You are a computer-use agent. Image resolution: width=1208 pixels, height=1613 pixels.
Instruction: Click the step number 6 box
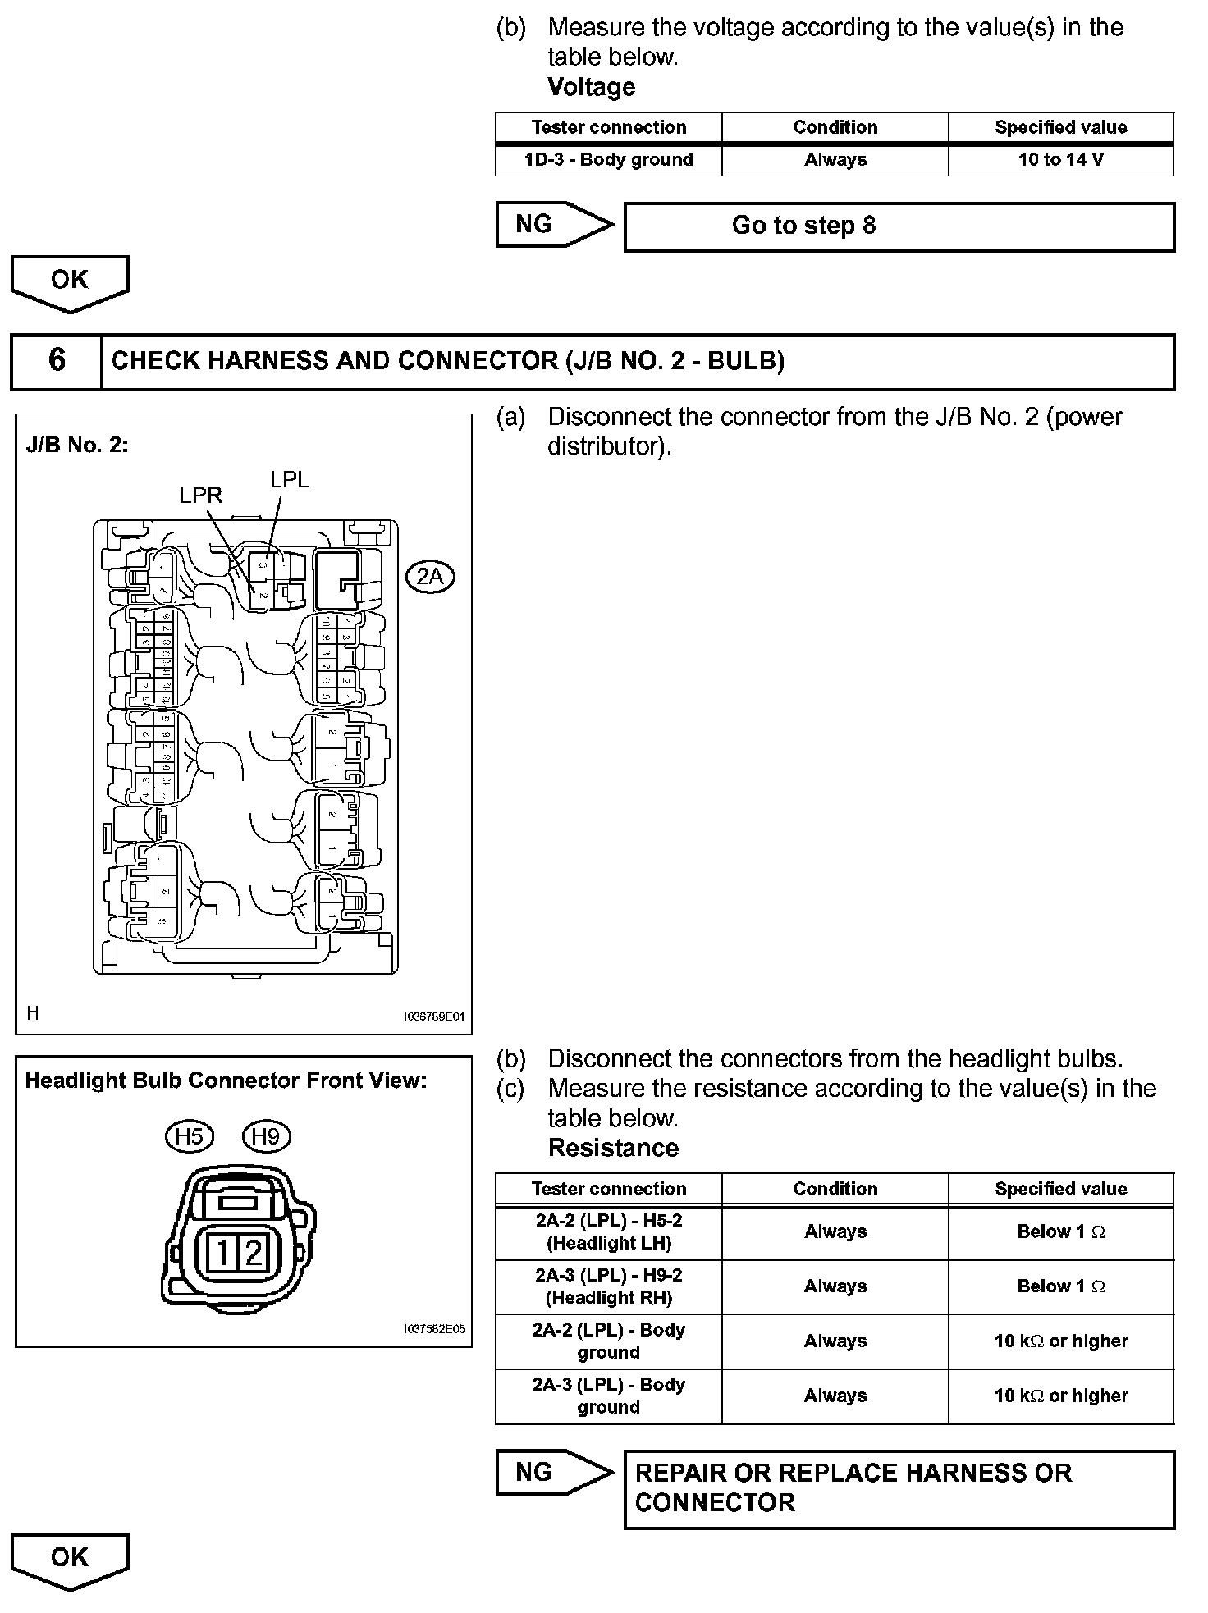57,360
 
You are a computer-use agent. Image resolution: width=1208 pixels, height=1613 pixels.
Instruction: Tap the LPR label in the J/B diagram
200,496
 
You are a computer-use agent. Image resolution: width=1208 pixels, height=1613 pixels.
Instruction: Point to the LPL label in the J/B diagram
290,480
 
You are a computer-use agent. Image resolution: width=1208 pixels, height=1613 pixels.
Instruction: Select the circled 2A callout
430,577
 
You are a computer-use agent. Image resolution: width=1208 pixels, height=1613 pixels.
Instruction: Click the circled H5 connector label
189,1136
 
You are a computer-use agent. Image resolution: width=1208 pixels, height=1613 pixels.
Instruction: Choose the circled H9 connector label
266,1136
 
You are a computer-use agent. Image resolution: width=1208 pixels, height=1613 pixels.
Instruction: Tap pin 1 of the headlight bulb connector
222,1252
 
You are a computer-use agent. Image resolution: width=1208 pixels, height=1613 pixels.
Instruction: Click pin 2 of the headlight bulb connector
254,1252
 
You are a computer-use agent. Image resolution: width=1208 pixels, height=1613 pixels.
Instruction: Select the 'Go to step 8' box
899,226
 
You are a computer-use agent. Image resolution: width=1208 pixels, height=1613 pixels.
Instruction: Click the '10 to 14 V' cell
1060,160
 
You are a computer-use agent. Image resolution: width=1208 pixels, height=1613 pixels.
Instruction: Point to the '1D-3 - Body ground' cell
608,160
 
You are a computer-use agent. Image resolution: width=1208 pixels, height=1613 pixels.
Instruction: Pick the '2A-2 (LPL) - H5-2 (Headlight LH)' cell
608,1231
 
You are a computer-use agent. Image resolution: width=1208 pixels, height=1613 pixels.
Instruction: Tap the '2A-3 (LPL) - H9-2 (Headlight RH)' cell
608,1286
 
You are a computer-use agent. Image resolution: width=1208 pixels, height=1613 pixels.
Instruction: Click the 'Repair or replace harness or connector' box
899,1488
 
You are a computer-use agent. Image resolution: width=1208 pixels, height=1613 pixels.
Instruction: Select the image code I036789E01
434,1017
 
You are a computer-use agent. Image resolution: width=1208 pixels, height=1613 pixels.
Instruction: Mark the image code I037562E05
435,1329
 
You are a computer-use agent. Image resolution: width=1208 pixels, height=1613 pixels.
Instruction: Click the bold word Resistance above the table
613,1148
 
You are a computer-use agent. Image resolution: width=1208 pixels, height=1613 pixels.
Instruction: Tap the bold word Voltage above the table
591,87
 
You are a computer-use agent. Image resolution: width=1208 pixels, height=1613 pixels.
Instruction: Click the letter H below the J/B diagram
33,1013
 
